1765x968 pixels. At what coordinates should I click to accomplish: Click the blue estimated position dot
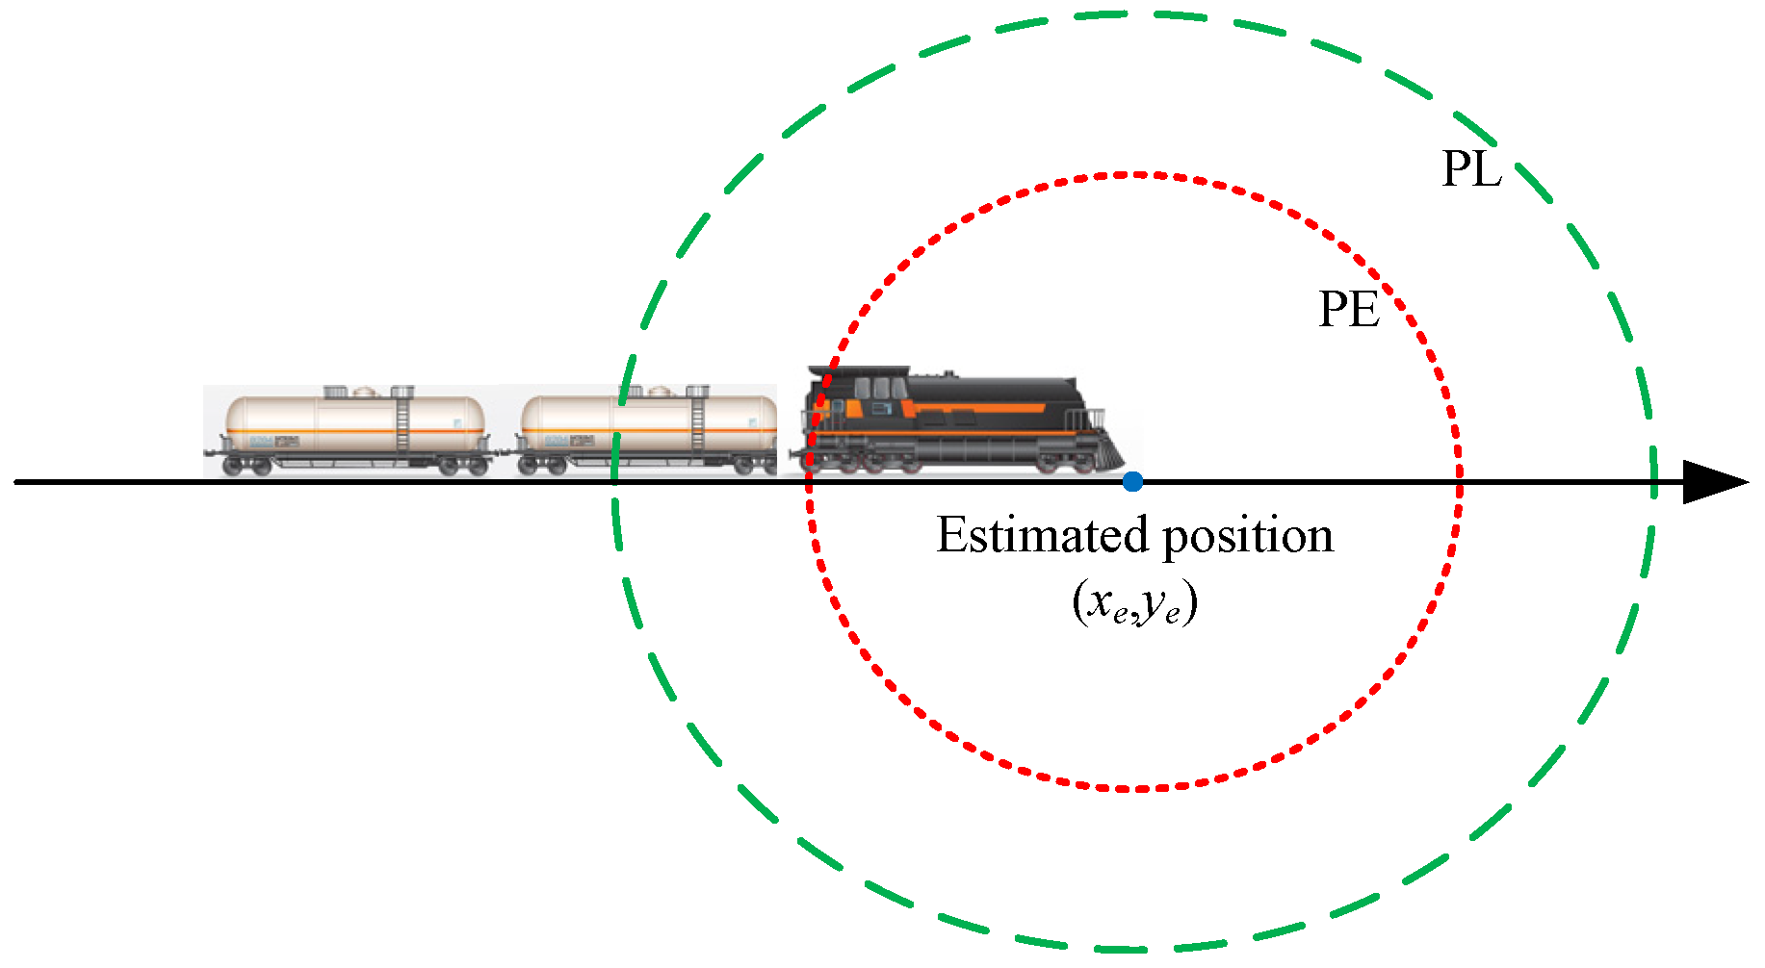coord(1132,481)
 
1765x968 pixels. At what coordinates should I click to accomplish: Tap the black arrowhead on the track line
coord(1714,481)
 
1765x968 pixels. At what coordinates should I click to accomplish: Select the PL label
coord(1471,169)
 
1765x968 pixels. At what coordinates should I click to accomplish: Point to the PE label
coord(1348,310)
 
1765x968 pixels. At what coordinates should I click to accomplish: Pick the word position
coord(1248,537)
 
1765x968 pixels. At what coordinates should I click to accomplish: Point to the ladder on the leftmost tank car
coord(402,423)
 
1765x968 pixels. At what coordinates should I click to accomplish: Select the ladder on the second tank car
coord(697,423)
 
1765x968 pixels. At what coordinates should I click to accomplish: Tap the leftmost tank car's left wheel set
coord(247,467)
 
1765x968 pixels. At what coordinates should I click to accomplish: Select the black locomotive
coord(953,423)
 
